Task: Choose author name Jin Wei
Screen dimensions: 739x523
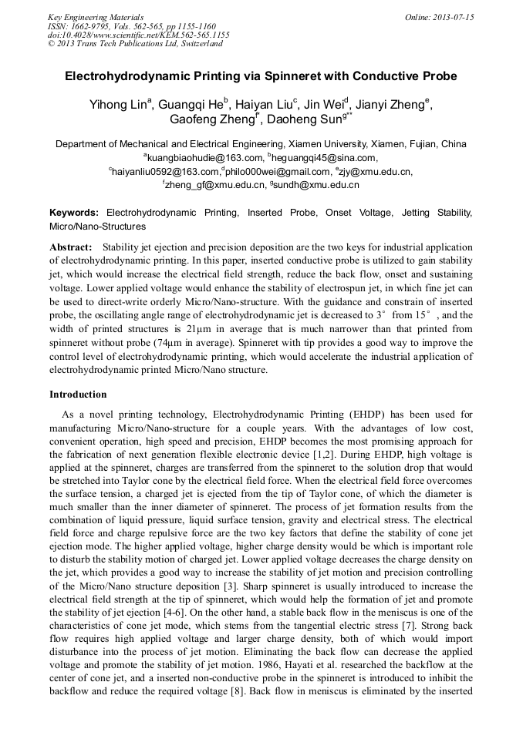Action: click(325, 104)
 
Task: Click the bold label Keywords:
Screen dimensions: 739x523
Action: click(74, 212)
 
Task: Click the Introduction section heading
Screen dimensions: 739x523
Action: click(78, 395)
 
